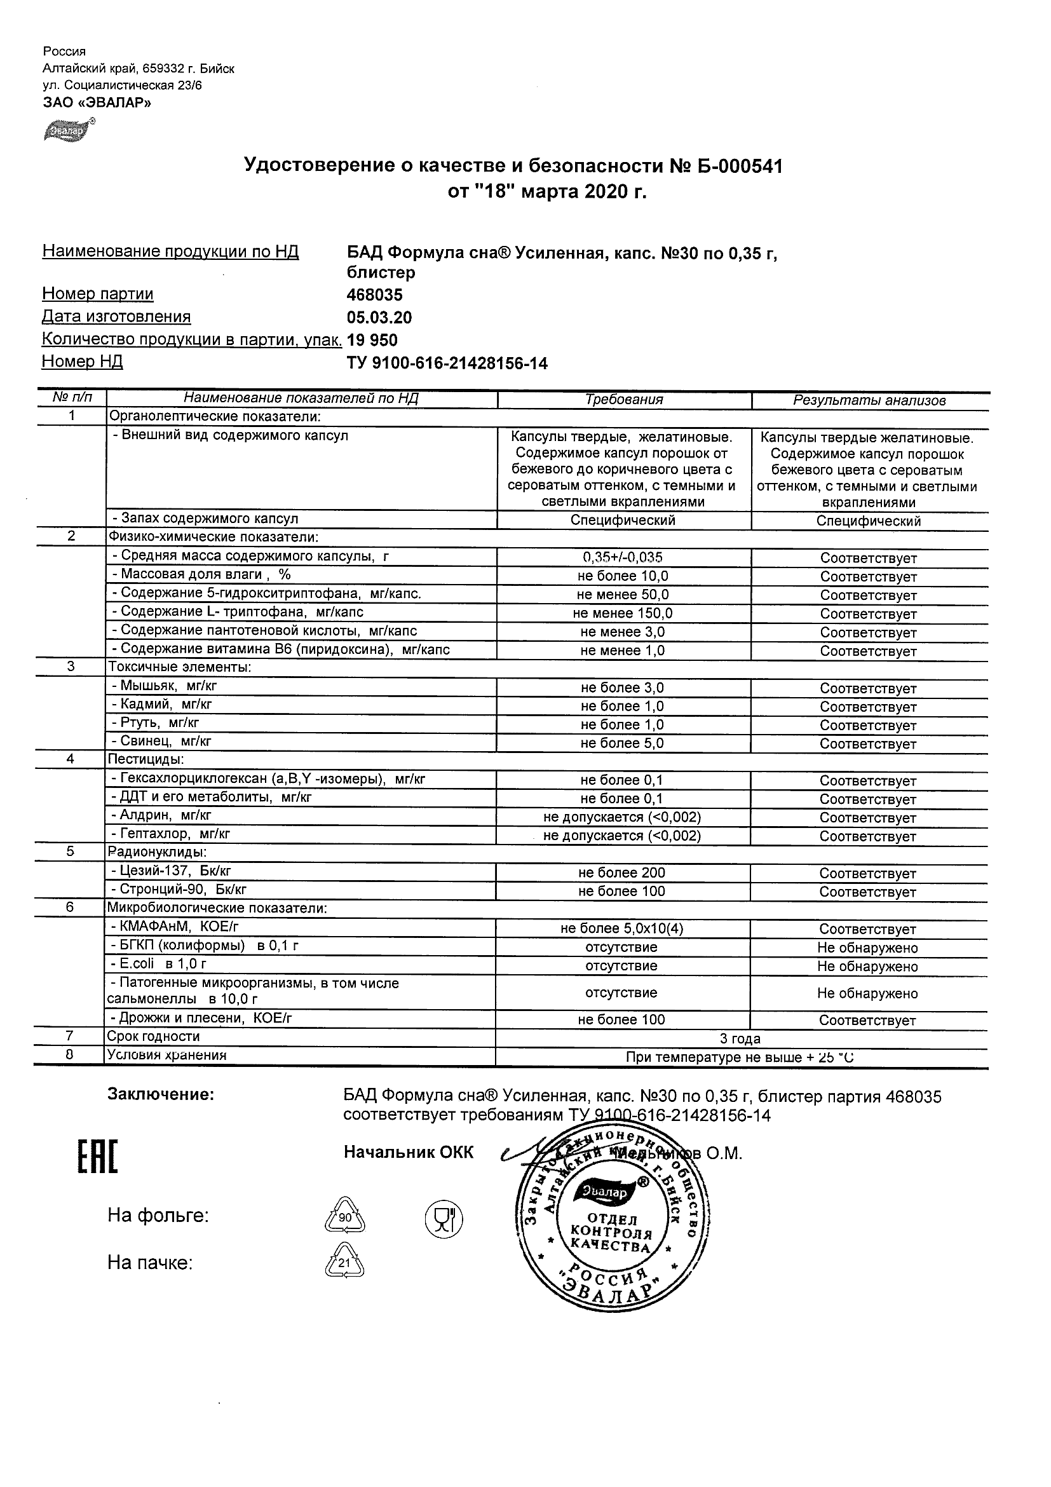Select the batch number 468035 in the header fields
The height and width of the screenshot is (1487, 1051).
point(374,295)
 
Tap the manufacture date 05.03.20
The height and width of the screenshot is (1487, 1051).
point(379,318)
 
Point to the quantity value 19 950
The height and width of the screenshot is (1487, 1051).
point(372,341)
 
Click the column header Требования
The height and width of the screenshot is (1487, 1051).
point(623,400)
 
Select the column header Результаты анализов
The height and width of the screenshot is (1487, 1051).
point(869,401)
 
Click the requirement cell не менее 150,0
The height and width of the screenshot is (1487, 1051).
point(622,613)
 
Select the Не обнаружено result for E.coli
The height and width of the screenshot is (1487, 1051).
point(867,967)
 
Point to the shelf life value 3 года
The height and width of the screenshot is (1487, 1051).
point(740,1039)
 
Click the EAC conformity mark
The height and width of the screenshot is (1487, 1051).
point(98,1157)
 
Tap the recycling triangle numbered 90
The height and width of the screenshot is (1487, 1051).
point(344,1217)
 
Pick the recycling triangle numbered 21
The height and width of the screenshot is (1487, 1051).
point(344,1262)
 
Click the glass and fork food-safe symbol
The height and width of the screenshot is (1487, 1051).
point(444,1218)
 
